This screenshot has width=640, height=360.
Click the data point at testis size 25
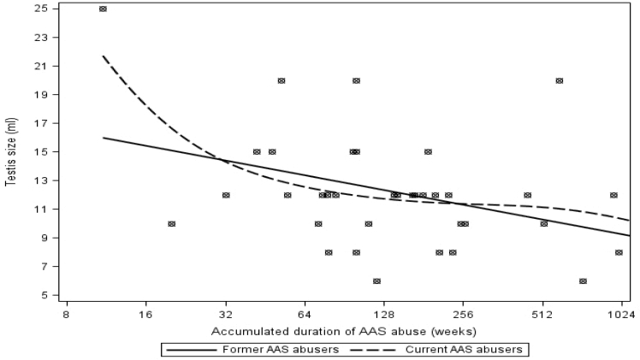tap(103, 9)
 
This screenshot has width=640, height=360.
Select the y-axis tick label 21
tap(42, 66)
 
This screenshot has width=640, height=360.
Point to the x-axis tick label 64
tap(305, 315)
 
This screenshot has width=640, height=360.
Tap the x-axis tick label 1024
tap(622, 315)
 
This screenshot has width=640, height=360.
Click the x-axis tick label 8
tap(67, 315)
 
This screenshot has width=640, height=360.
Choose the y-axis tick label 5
tap(44, 295)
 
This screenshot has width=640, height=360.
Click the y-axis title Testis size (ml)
tap(11, 152)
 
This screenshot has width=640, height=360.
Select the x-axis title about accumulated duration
tap(344, 332)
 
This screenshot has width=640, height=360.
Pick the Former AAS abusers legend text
tap(281, 350)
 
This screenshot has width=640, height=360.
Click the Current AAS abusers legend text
tap(464, 350)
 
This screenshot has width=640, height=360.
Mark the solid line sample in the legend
tap(191, 350)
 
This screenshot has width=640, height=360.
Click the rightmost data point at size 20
tap(560, 80)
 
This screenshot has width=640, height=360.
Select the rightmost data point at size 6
tap(583, 281)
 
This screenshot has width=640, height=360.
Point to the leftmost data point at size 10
tap(171, 224)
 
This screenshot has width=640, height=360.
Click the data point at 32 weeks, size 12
tap(226, 195)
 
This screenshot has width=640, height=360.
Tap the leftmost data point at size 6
tap(376, 281)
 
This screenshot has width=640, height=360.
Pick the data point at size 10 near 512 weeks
tap(543, 224)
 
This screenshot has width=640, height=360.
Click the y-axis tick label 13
tap(42, 180)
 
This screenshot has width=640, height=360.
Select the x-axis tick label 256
tap(463, 315)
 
